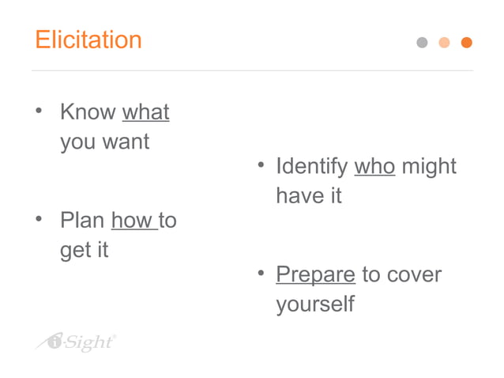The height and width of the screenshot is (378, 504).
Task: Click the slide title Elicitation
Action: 88,40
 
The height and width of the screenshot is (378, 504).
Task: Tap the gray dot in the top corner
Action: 422,43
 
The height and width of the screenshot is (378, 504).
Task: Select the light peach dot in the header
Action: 444,43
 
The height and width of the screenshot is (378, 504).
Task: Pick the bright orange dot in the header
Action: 466,43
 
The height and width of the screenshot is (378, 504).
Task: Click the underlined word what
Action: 145,112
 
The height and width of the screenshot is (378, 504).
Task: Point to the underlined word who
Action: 374,166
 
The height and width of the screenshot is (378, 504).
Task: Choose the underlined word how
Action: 132,220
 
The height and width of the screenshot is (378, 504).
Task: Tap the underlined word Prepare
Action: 315,274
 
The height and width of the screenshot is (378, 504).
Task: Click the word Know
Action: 88,112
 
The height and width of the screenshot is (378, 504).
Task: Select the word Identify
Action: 311,166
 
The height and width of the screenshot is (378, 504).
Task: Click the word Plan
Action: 82,220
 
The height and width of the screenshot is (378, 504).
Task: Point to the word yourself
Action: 315,304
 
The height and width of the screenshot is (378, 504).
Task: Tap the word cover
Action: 414,274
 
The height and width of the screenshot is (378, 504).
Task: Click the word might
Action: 429,167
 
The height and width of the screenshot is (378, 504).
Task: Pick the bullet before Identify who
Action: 260,165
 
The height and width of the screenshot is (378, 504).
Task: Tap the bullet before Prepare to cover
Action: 260,274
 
